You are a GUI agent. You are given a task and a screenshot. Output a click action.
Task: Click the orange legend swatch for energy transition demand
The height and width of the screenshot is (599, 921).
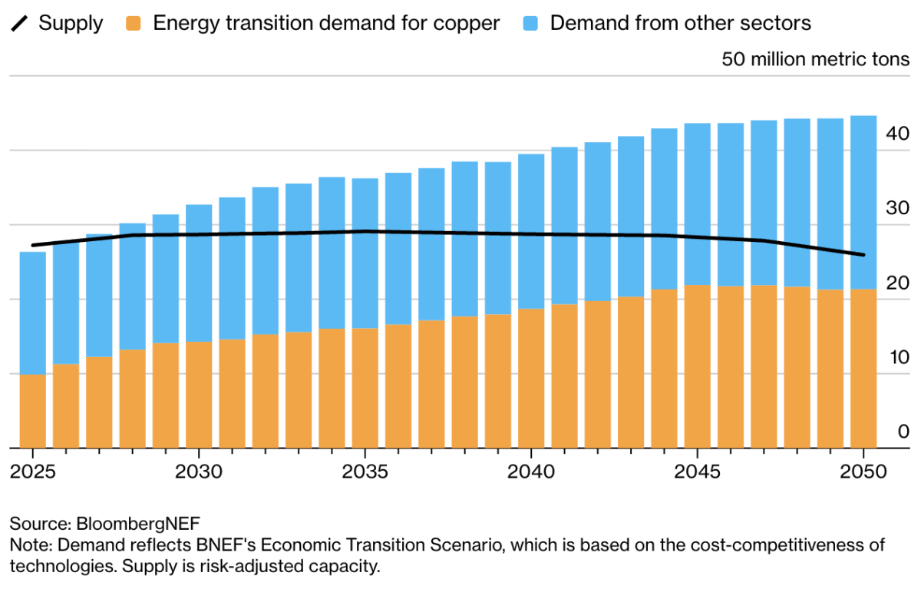coord(135,23)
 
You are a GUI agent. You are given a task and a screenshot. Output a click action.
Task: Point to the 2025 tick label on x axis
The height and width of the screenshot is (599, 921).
coord(33,471)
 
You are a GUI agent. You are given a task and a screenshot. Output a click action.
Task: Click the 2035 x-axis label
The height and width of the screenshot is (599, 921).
coord(365,471)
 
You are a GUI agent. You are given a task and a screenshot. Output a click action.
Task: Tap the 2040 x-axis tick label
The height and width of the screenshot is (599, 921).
coord(531,471)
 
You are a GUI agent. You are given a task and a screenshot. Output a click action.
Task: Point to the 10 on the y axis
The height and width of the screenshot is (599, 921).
coord(898,356)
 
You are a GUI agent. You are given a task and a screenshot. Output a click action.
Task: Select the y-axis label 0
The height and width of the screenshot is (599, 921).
coord(903,431)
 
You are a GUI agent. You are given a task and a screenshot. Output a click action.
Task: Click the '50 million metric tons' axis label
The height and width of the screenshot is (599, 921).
coord(815,59)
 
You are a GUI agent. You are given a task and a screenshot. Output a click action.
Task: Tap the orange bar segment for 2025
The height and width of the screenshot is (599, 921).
coord(33,411)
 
